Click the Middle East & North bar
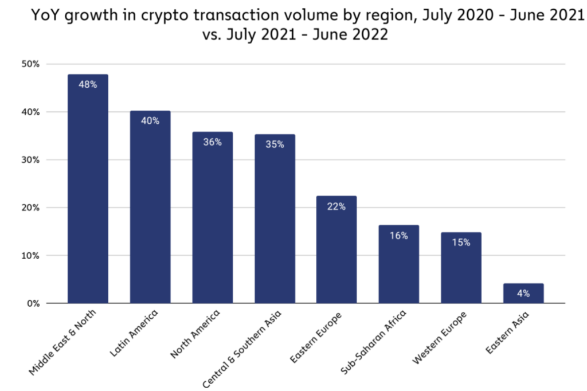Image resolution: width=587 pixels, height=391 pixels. coord(88,189)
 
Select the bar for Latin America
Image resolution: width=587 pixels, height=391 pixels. coord(150,206)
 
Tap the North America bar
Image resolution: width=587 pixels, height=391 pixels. coord(212,218)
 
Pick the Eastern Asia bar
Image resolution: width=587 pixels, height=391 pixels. coord(523,294)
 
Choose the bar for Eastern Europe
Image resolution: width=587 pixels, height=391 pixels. coord(336,249)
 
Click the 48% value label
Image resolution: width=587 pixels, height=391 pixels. coord(88,85)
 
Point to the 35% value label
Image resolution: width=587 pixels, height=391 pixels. coord(275,144)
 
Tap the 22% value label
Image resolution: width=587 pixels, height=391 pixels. coord(336,206)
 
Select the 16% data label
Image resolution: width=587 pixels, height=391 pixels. coord(398,236)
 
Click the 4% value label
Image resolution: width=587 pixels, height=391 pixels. coord(523,294)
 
